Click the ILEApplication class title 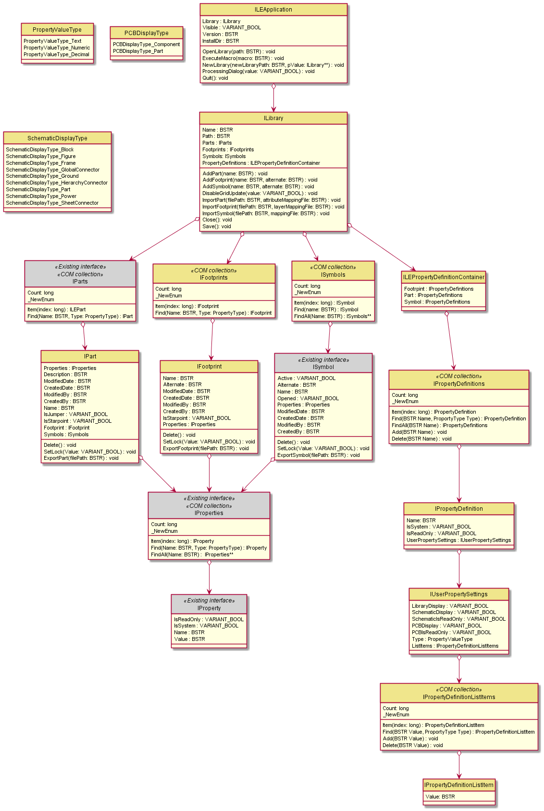[x=273, y=10]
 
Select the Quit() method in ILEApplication [x=215, y=78]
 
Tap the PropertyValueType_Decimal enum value [x=56, y=54]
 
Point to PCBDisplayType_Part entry [x=137, y=51]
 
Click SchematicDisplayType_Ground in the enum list [x=42, y=176]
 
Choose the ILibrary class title [x=273, y=118]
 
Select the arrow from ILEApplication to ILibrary [x=273, y=98]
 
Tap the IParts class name [x=80, y=282]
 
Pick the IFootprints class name [x=214, y=277]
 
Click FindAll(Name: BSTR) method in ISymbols [x=333, y=316]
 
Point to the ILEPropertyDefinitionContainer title [x=443, y=277]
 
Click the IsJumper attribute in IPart [x=75, y=414]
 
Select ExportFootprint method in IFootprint [x=205, y=448]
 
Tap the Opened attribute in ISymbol [x=308, y=398]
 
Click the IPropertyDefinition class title [x=458, y=509]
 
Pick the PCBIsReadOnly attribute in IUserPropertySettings [x=451, y=632]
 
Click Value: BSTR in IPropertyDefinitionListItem [x=440, y=797]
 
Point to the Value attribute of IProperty [x=189, y=639]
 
